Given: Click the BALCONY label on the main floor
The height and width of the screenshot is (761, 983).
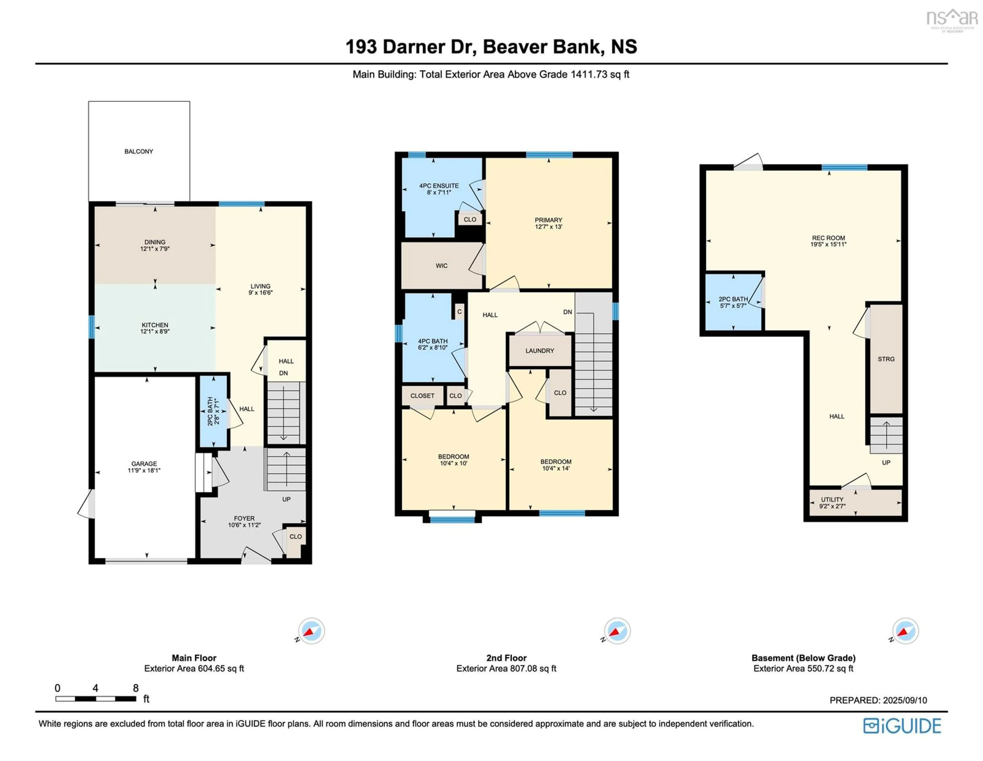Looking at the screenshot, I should coord(139,151).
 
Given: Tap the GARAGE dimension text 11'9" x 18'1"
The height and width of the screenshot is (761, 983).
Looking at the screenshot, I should coord(144,470).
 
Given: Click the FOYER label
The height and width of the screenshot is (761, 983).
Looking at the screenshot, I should coord(244,519).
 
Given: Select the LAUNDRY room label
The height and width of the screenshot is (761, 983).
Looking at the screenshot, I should coord(540,351).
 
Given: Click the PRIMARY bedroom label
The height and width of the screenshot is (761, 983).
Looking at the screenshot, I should coord(548,220).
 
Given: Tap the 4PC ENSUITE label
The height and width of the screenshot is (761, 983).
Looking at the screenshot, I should coord(439,186).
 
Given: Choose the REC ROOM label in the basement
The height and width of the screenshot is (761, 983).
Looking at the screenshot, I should coord(828,238).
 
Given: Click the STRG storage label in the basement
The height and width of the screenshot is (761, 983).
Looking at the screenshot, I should coord(886,359).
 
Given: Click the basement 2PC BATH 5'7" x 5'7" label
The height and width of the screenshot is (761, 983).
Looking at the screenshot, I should coord(733,302).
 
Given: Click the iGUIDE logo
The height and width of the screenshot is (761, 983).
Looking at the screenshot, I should coord(902,726).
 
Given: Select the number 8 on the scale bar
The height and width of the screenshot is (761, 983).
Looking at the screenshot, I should coord(135,688).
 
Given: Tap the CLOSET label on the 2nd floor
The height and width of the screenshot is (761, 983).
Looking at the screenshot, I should coord(422,395).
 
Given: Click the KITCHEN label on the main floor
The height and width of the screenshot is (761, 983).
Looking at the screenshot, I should coord(155,325).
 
